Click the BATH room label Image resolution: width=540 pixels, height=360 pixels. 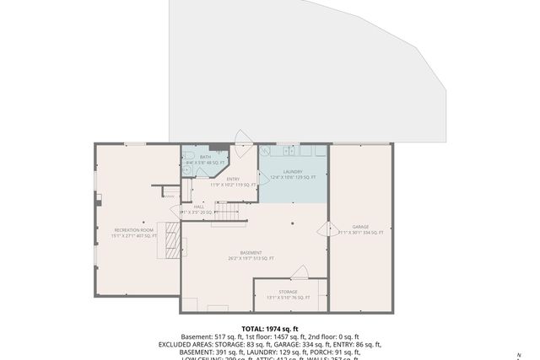(x=205, y=157)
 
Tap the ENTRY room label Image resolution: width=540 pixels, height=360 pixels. (x=233, y=179)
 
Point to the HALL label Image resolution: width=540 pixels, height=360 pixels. (x=199, y=206)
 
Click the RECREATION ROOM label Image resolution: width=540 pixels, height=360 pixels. (x=135, y=229)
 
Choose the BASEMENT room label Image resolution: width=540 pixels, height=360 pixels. (x=251, y=253)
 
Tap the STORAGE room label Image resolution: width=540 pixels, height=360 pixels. (x=289, y=292)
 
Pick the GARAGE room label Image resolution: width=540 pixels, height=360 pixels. (x=361, y=227)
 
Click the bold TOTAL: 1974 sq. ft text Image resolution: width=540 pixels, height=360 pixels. (x=269, y=329)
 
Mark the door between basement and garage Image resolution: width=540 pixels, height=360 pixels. (x=323, y=228)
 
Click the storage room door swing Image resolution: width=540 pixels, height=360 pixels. (x=299, y=271)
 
